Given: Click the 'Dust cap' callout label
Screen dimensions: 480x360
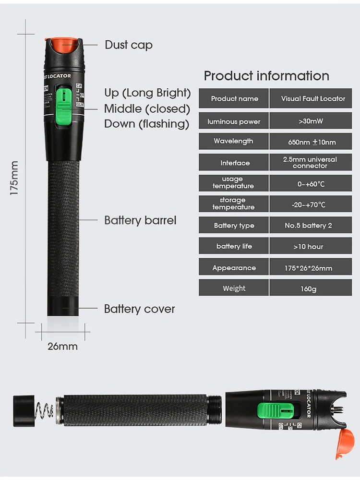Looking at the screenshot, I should click(x=129, y=45).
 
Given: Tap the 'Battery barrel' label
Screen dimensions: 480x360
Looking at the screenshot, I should click(x=140, y=220).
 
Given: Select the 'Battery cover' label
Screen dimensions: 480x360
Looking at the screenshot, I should click(x=139, y=309).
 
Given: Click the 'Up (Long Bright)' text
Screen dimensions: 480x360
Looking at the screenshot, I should click(x=147, y=93).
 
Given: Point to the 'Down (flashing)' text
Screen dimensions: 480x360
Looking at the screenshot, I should click(x=146, y=124).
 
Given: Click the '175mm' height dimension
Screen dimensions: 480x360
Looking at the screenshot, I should click(x=14, y=178).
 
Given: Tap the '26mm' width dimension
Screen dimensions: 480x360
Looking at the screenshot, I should click(x=62, y=346).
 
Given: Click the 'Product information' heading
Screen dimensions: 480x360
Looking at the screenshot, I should click(x=266, y=76).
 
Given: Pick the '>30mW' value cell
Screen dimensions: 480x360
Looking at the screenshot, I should click(x=311, y=121).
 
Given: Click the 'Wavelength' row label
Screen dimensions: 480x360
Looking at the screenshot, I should click(x=233, y=141).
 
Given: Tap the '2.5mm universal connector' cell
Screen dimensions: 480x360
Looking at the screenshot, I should click(x=310, y=162).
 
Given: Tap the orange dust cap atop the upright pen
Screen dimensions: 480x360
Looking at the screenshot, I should click(x=63, y=45).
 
